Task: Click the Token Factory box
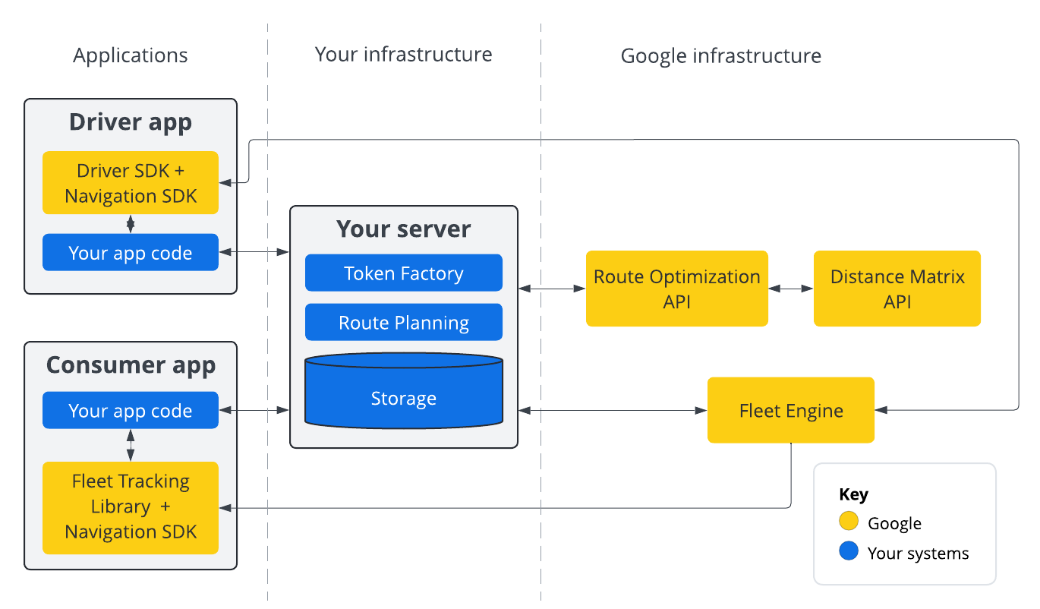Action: (403, 273)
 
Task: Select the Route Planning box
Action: (403, 323)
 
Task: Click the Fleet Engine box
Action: (791, 411)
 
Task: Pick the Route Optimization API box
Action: (676, 289)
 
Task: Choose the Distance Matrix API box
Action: (897, 289)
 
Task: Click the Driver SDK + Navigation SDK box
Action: (131, 183)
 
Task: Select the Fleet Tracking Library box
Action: (131, 507)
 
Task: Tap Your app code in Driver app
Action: (131, 253)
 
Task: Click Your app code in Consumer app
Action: (131, 411)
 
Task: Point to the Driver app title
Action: (131, 122)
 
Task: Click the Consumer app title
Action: (131, 365)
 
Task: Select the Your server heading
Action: (403, 229)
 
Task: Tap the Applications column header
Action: (131, 55)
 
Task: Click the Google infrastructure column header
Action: (720, 56)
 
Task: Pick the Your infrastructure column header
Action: (403, 55)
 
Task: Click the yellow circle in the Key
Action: (849, 522)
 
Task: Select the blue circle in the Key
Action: (849, 551)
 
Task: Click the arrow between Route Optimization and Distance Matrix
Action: (790, 289)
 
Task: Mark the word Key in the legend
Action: (853, 494)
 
